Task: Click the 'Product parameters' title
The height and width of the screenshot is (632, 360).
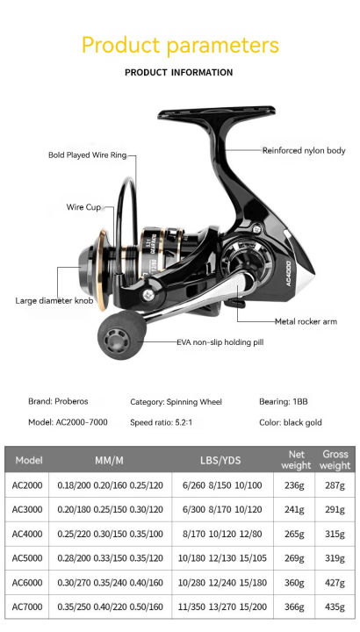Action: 179,45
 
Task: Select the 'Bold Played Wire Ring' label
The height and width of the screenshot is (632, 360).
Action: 87,155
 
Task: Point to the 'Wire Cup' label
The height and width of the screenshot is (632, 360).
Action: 84,207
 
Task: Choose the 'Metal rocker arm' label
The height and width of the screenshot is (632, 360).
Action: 306,321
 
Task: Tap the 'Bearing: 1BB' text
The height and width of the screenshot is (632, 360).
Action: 283,402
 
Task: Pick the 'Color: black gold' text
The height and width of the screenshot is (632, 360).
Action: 291,422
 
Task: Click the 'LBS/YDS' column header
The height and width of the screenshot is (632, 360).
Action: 220,461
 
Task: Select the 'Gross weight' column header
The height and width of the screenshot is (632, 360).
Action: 335,460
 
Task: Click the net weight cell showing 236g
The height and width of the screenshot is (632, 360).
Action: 297,485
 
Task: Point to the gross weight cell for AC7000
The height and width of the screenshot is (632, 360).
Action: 335,607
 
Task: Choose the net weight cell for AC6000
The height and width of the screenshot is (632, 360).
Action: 297,582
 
